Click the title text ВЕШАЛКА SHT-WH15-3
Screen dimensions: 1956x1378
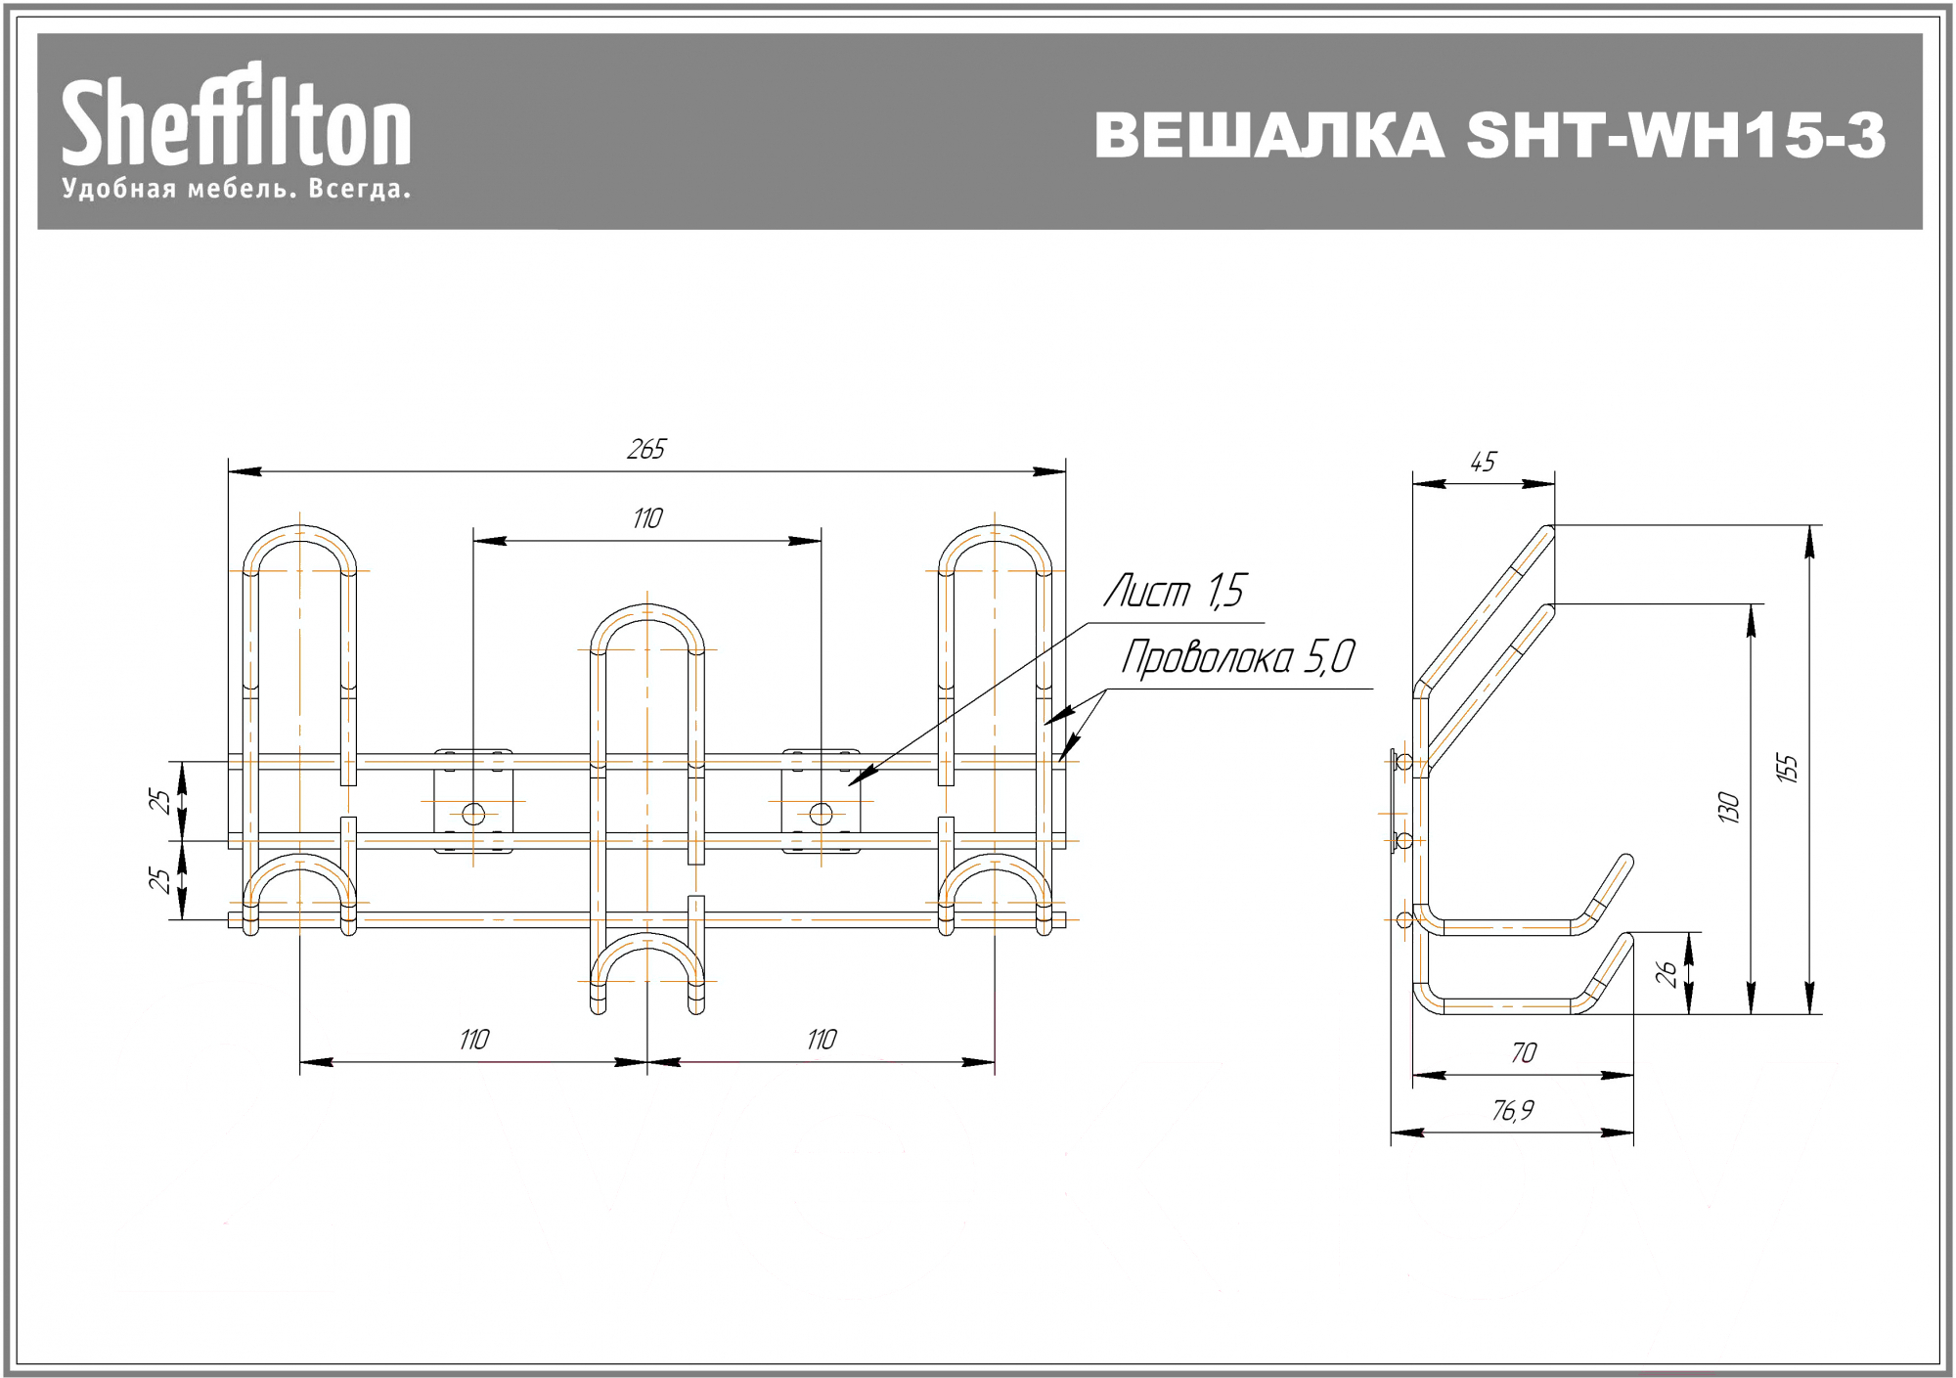tap(1489, 135)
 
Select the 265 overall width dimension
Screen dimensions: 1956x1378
tap(646, 449)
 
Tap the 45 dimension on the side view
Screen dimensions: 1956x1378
tap(1484, 462)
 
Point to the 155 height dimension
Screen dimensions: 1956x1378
tap(1787, 769)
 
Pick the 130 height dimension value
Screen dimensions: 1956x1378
tap(1729, 808)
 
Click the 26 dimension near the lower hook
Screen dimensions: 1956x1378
tap(1667, 973)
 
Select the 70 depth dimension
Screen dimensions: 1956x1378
tap(1524, 1052)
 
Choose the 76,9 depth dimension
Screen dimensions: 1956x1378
tap(1513, 1110)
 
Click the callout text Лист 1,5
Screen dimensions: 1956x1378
tap(1175, 591)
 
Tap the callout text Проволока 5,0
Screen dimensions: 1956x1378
tap(1238, 657)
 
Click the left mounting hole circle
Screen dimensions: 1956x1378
tap(473, 814)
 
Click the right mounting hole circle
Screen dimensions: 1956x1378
tap(822, 814)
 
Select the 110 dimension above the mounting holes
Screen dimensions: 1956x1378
tap(647, 518)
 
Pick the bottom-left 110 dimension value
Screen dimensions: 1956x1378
tap(474, 1040)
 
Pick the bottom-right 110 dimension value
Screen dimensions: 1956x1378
tap(822, 1040)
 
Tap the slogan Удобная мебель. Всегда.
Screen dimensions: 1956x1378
tap(236, 189)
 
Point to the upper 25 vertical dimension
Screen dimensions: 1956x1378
tap(159, 801)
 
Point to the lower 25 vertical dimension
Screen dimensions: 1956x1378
tap(159, 880)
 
